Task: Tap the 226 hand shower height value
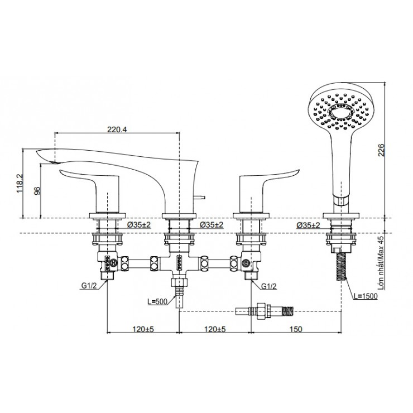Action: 381,151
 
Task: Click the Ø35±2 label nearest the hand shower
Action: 309,225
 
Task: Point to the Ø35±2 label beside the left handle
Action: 140,225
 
